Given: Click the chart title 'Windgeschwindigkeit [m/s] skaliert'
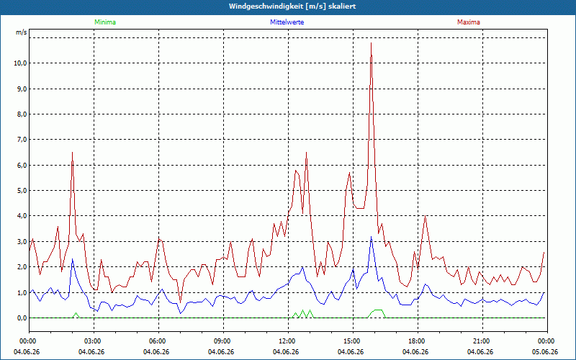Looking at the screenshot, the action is (292, 6).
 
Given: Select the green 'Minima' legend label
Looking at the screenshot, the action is (105, 22).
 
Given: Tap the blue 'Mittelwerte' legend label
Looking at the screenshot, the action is (287, 22).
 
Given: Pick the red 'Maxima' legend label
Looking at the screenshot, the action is (469, 22).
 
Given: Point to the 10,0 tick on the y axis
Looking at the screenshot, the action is (20, 63).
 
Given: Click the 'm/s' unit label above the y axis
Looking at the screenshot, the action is (22, 32).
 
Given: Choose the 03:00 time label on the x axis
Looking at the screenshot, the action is (94, 341).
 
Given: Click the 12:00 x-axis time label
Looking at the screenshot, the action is (289, 341).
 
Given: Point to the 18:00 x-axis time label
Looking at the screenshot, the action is (418, 341).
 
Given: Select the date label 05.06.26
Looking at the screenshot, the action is (545, 351).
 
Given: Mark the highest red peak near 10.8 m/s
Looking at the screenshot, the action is (371, 43).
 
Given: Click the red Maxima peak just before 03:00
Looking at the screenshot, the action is (73, 152).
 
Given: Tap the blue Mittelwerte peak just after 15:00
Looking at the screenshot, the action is (371, 237).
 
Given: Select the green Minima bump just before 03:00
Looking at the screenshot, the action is (76, 313).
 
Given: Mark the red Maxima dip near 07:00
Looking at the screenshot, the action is (180, 302).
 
